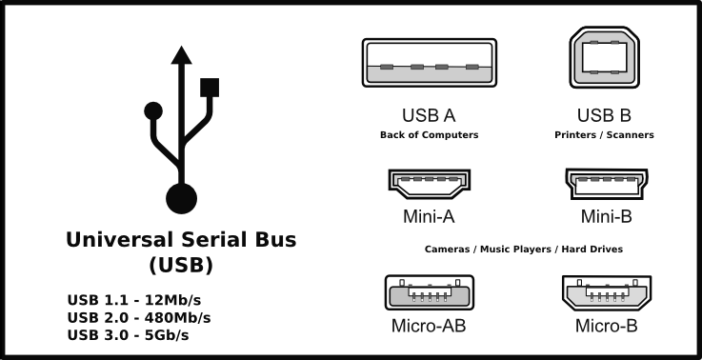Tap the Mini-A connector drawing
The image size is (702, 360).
[x=430, y=183]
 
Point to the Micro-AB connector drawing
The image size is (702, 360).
[x=429, y=292]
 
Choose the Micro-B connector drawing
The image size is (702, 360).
[x=607, y=292]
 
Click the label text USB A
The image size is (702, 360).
[x=429, y=116]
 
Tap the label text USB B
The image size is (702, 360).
[x=604, y=116]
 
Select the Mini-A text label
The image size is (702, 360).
[x=429, y=216]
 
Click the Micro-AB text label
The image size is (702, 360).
[x=429, y=327]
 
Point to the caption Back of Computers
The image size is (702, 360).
[x=429, y=135]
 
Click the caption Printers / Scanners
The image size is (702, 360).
[x=604, y=135]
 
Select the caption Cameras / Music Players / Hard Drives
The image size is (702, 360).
[x=523, y=249]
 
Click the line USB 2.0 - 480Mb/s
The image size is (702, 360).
[x=139, y=317]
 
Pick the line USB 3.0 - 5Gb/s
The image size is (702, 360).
[x=130, y=334]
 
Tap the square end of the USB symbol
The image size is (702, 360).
[x=211, y=87]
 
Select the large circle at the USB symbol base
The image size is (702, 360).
[x=181, y=198]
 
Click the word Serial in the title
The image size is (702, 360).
[x=213, y=239]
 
